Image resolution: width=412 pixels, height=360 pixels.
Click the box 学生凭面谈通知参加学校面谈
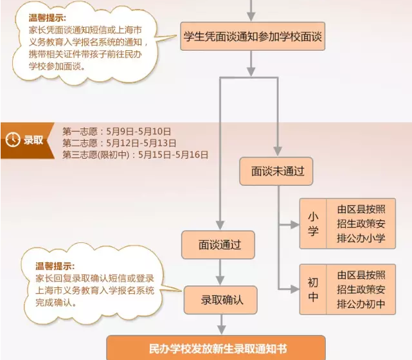point(251,37)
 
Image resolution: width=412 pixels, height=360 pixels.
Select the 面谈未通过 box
point(277,172)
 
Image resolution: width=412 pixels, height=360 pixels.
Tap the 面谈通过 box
point(218,245)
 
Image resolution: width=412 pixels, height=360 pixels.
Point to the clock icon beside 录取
point(12,139)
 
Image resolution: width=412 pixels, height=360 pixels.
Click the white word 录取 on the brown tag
point(33,139)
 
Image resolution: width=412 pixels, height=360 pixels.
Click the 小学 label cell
point(313,224)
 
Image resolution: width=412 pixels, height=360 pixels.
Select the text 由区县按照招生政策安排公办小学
point(361,224)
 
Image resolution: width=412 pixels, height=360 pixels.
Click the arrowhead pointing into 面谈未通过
point(277,152)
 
